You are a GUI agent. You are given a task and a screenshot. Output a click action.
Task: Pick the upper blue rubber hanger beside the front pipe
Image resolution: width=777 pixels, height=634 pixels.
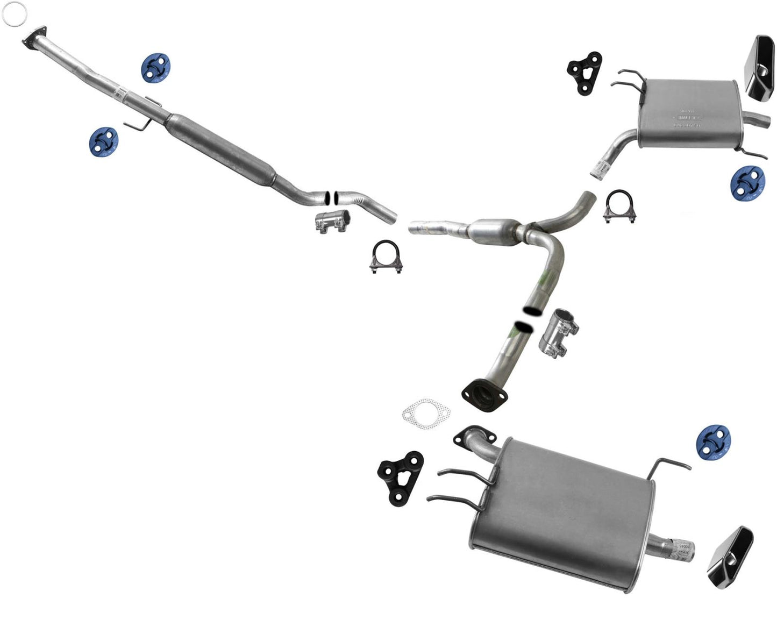point(156,68)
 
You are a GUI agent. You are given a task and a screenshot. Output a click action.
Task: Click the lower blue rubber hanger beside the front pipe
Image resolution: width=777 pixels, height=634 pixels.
point(104,141)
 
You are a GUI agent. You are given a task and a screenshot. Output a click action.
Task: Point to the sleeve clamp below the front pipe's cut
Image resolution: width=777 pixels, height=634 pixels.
point(332,220)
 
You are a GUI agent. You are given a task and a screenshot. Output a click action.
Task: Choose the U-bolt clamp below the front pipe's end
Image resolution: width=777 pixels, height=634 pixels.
point(388,256)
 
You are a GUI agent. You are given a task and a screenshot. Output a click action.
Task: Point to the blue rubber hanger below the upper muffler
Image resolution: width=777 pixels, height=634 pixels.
point(747,183)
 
